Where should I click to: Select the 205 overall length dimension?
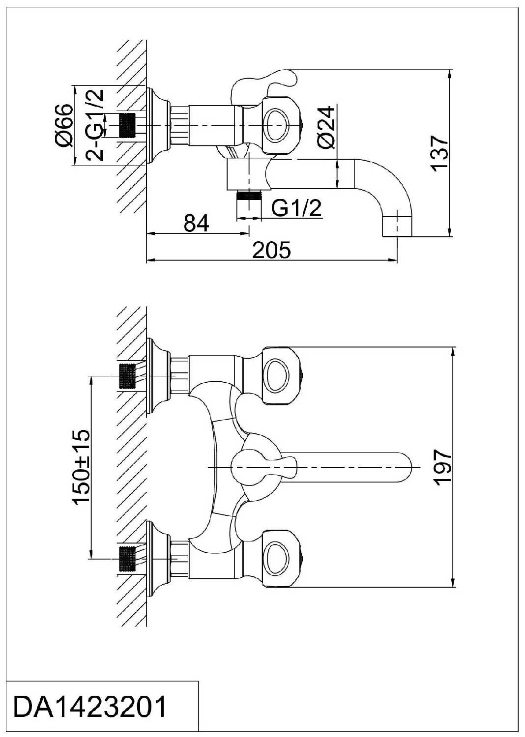coord(271,250)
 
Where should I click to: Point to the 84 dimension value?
coord(196,224)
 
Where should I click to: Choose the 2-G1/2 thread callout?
coord(94,125)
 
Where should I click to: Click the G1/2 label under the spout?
coord(296,208)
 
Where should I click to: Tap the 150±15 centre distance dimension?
coord(81,467)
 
